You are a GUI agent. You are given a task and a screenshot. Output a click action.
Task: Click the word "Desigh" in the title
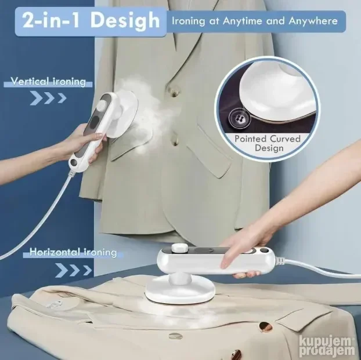pos(125,21)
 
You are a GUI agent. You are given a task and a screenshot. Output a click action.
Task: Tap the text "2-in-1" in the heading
pos(51,20)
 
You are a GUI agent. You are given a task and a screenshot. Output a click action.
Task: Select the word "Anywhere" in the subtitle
pos(313,21)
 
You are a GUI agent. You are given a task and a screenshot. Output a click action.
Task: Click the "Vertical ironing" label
pos(48,81)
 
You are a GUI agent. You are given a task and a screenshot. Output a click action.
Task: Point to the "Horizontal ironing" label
pos(73,252)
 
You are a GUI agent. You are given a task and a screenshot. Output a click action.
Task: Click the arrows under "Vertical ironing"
pos(48,98)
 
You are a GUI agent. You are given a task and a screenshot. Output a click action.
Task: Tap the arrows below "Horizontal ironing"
pos(74,270)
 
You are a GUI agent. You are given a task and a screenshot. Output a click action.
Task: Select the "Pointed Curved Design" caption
pos(268,143)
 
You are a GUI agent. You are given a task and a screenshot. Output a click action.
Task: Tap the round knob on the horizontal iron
pos(179,248)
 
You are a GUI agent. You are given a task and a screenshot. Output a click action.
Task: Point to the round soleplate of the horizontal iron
pos(180,291)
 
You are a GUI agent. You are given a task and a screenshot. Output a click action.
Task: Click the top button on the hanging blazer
pos(174,93)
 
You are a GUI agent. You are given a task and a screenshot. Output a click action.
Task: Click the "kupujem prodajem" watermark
pos(326,346)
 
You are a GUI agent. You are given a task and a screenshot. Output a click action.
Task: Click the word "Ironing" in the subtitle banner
pos(188,21)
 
